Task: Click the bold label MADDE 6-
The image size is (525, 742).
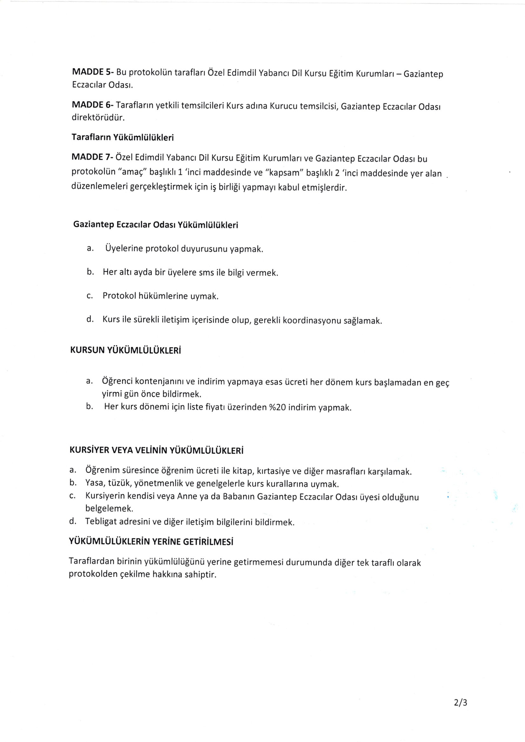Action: point(92,105)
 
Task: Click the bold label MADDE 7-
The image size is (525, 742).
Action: point(92,157)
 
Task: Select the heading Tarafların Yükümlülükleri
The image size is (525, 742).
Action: point(123,137)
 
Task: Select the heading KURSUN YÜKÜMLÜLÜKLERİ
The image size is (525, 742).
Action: point(125,351)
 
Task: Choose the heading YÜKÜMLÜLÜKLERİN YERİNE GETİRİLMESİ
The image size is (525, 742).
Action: point(151,542)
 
